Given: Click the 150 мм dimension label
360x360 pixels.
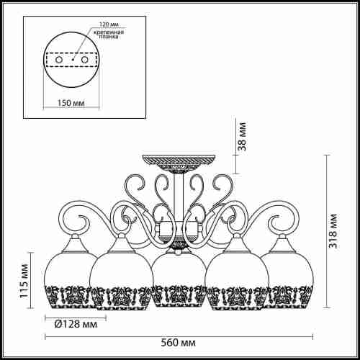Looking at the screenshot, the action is (x=71, y=103).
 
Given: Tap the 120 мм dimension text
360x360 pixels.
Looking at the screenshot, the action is (x=109, y=24).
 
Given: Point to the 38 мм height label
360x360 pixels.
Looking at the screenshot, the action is (x=242, y=136).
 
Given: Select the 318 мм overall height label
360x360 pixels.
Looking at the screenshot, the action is (x=333, y=231).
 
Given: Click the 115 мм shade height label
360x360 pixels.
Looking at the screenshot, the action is (x=24, y=281).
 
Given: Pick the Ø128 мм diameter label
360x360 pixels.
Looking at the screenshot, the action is (x=76, y=325).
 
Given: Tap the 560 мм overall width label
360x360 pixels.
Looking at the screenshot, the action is (x=178, y=343).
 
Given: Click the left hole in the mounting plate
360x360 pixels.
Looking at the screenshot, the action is (x=58, y=60).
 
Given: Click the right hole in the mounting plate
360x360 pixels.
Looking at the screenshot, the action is (x=84, y=60).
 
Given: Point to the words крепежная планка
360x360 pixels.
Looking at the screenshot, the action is (x=109, y=35).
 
